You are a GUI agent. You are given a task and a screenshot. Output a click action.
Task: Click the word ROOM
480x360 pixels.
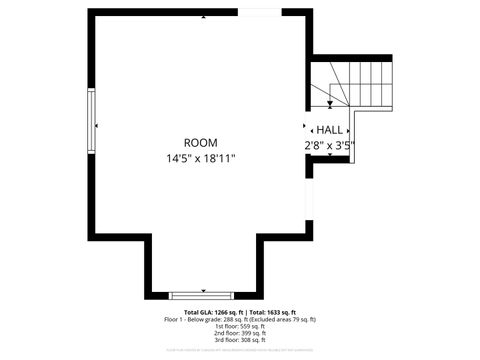[200, 143]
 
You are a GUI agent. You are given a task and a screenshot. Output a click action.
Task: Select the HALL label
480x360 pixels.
[330, 130]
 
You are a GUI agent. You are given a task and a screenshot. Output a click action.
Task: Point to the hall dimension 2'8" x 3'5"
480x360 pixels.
[330, 145]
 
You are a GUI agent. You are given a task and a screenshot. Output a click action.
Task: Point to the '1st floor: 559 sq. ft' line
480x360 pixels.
[240, 326]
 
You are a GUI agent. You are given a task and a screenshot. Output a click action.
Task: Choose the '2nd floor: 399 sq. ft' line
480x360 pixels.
[240, 333]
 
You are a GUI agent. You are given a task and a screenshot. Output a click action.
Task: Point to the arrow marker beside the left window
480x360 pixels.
[98, 126]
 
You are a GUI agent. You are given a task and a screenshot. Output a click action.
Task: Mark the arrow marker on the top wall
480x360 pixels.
[204, 17]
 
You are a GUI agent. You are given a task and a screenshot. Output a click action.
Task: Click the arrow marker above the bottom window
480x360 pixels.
[201, 289]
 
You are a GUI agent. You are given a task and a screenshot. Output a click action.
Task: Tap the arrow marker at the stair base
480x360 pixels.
[330, 104]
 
